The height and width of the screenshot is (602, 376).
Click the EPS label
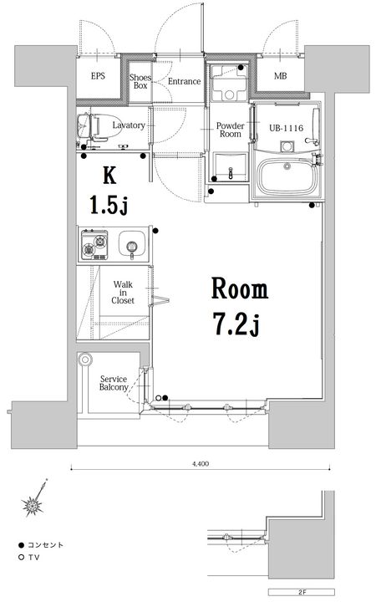pyautogui.click(x=98, y=76)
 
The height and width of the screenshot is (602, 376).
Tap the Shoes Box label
pyautogui.click(x=140, y=81)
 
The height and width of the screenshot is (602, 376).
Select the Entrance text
pyautogui.click(x=184, y=81)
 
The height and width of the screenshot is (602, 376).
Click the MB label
pyautogui.click(x=280, y=76)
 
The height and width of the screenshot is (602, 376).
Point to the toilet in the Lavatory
pyautogui.click(x=99, y=125)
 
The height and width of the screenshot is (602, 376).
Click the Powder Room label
pyautogui.click(x=231, y=130)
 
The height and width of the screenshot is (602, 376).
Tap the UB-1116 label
pyautogui.click(x=287, y=128)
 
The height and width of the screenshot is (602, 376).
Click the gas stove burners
pyautogui.click(x=94, y=244)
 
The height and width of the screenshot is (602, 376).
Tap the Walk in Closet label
pyautogui.click(x=123, y=293)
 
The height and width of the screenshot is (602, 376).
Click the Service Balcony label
pyautogui.click(x=114, y=383)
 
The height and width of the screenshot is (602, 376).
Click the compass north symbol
pyautogui.click(x=35, y=499)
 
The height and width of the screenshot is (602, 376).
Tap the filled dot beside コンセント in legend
pyautogui.click(x=22, y=545)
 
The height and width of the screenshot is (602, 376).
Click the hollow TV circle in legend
pyautogui.click(x=22, y=557)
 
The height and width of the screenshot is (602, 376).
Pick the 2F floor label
pyautogui.click(x=302, y=592)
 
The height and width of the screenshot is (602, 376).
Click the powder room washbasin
pyautogui.click(x=231, y=166)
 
